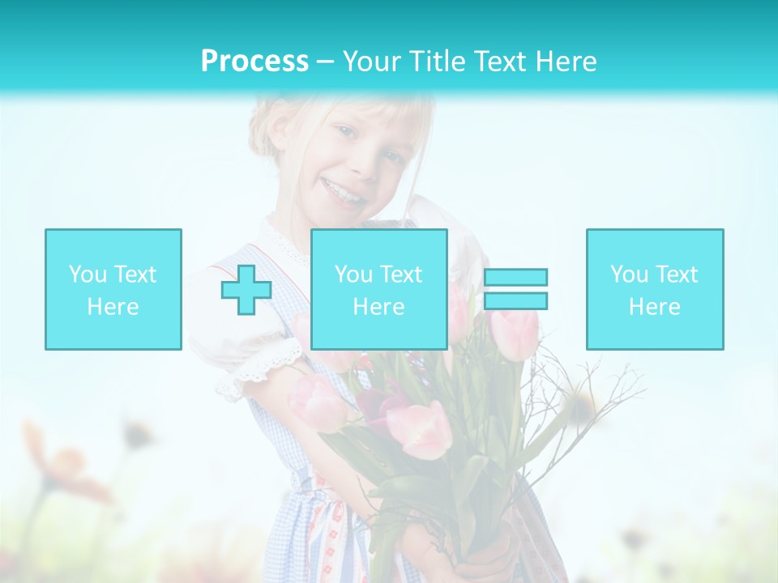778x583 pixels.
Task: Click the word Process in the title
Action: (254, 62)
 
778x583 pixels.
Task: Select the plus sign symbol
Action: (246, 290)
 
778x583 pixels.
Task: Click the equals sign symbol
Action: (515, 289)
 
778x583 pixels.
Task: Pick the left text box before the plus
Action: (113, 289)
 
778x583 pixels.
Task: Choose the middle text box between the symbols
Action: (378, 289)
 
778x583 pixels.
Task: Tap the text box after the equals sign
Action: (654, 289)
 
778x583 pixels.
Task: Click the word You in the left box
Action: (86, 274)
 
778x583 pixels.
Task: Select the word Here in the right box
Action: (654, 307)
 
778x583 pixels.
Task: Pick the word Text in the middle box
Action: (401, 274)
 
